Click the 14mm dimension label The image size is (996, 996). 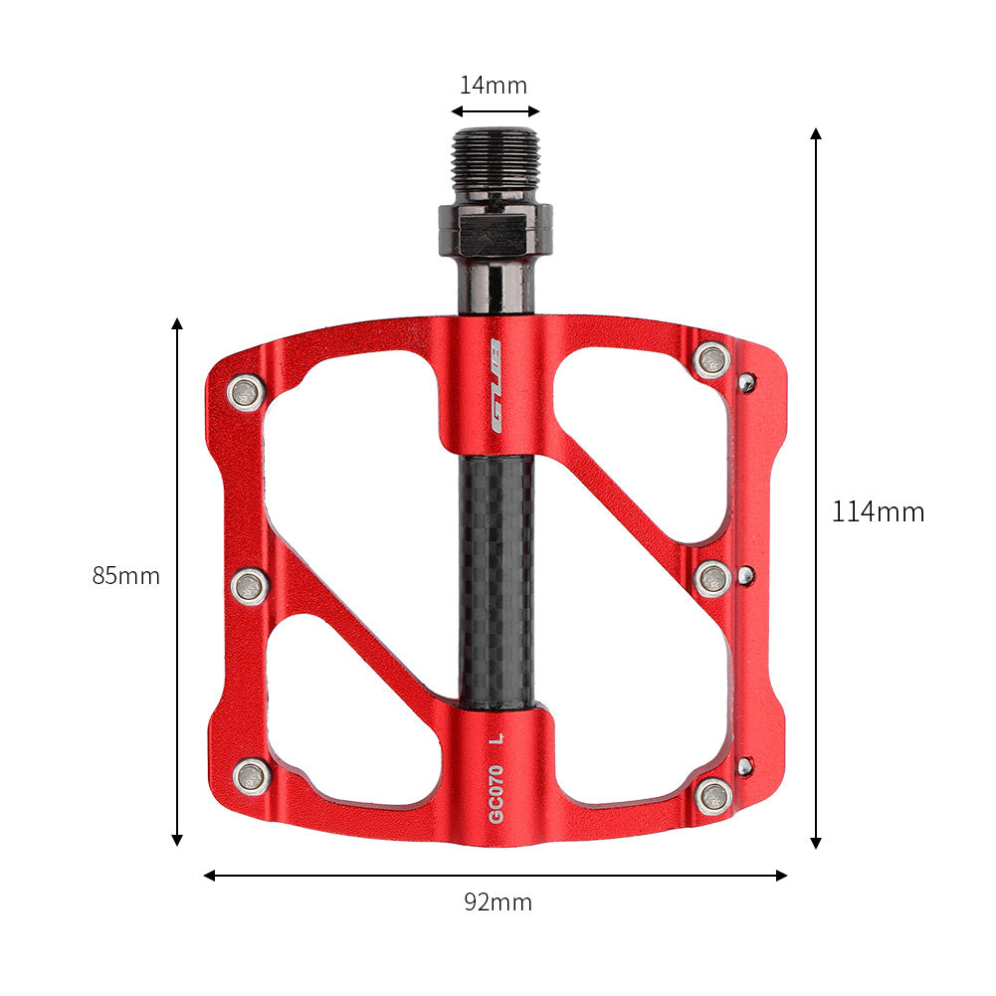[x=493, y=86]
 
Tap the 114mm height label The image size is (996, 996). [x=878, y=512]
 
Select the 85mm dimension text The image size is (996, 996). [x=126, y=576]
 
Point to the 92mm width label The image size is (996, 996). [x=498, y=902]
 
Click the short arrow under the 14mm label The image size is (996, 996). [x=495, y=112]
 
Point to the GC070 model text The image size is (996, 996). [x=496, y=792]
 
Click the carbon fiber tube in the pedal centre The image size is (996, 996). [x=496, y=577]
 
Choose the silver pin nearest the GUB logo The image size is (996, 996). [x=711, y=359]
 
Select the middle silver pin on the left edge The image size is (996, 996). [x=249, y=586]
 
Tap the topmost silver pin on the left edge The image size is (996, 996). [x=246, y=392]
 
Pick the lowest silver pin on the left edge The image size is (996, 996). [x=252, y=775]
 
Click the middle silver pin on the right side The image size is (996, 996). [x=712, y=578]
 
